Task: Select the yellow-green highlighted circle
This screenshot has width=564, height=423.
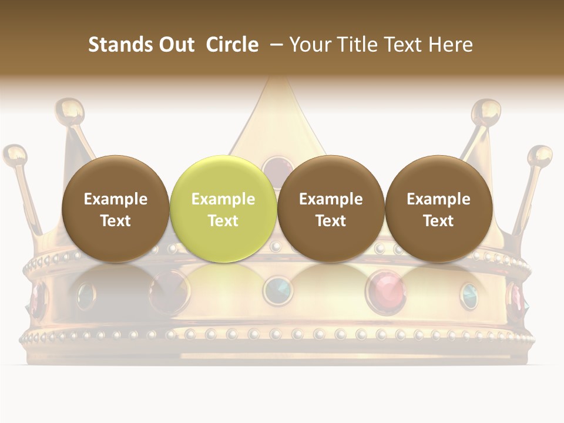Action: click(223, 209)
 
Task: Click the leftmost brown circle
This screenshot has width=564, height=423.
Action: click(115, 209)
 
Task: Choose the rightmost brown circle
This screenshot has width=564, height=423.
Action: click(438, 209)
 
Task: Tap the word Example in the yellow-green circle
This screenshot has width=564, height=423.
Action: click(223, 199)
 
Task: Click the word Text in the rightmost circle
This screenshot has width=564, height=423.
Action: click(438, 221)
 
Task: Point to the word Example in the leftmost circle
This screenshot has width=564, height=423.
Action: click(115, 199)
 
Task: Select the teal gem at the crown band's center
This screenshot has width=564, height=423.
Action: click(277, 290)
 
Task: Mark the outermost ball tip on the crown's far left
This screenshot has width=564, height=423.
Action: click(15, 155)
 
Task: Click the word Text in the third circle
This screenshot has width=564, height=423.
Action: click(331, 221)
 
